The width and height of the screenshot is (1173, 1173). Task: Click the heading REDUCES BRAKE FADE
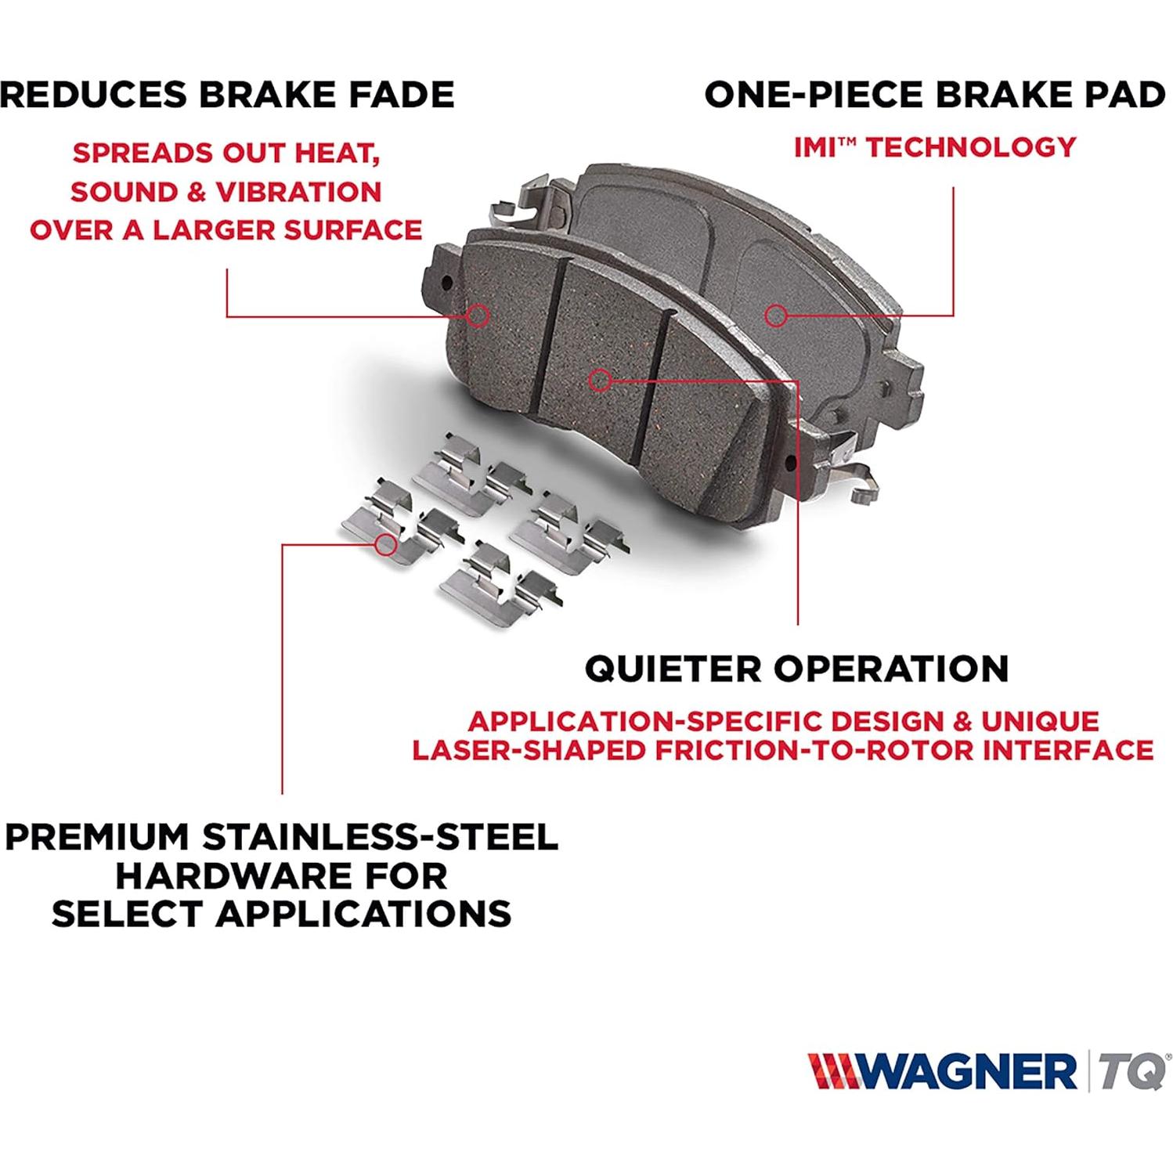click(x=227, y=95)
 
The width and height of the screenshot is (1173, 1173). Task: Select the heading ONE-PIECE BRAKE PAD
click(x=934, y=95)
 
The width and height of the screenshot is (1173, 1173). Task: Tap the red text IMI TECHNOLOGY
click(x=935, y=147)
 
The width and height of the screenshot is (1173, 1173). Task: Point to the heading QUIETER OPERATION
click(x=796, y=669)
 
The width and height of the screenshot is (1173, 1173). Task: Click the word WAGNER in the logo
click(x=966, y=1071)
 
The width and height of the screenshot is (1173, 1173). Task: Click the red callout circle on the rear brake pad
click(x=775, y=316)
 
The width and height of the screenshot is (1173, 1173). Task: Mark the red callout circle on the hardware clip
click(x=384, y=544)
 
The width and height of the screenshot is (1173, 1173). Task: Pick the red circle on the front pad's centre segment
click(x=600, y=381)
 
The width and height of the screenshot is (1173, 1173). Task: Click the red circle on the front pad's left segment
click(x=478, y=316)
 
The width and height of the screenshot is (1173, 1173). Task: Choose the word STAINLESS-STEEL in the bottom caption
click(x=381, y=837)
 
